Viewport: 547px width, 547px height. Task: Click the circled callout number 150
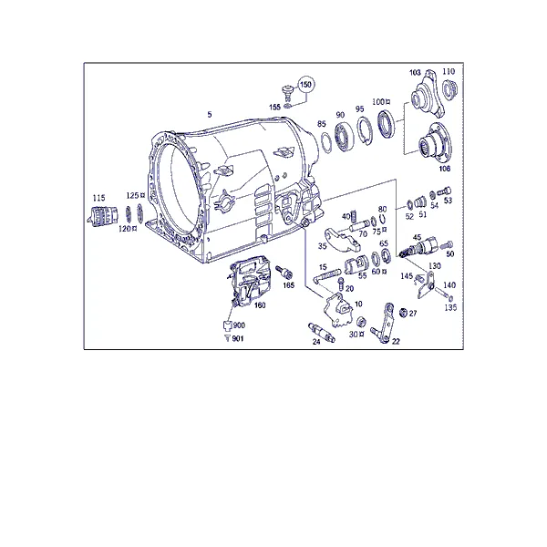pos(305,85)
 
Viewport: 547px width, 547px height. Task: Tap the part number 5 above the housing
pos(210,115)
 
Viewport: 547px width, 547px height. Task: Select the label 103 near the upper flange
pos(415,73)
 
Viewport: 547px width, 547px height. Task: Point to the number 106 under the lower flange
pos(445,169)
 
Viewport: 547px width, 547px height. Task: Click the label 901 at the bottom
pos(238,338)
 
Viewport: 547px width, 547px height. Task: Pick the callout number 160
pos(260,305)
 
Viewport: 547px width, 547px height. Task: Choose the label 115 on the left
pos(98,198)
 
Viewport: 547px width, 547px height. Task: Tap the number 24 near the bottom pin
pos(316,342)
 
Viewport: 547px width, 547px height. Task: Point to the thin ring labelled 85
pos(326,143)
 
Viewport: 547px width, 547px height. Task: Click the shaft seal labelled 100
pos(387,123)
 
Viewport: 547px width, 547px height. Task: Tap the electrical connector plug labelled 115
pos(102,215)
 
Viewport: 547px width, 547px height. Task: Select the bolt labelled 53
pos(444,191)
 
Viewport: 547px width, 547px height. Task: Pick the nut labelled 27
pos(403,313)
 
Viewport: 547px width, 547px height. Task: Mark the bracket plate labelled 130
pos(426,284)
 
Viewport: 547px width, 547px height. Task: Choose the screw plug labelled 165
pos(284,272)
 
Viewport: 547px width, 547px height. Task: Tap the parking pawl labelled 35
pos(342,240)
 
